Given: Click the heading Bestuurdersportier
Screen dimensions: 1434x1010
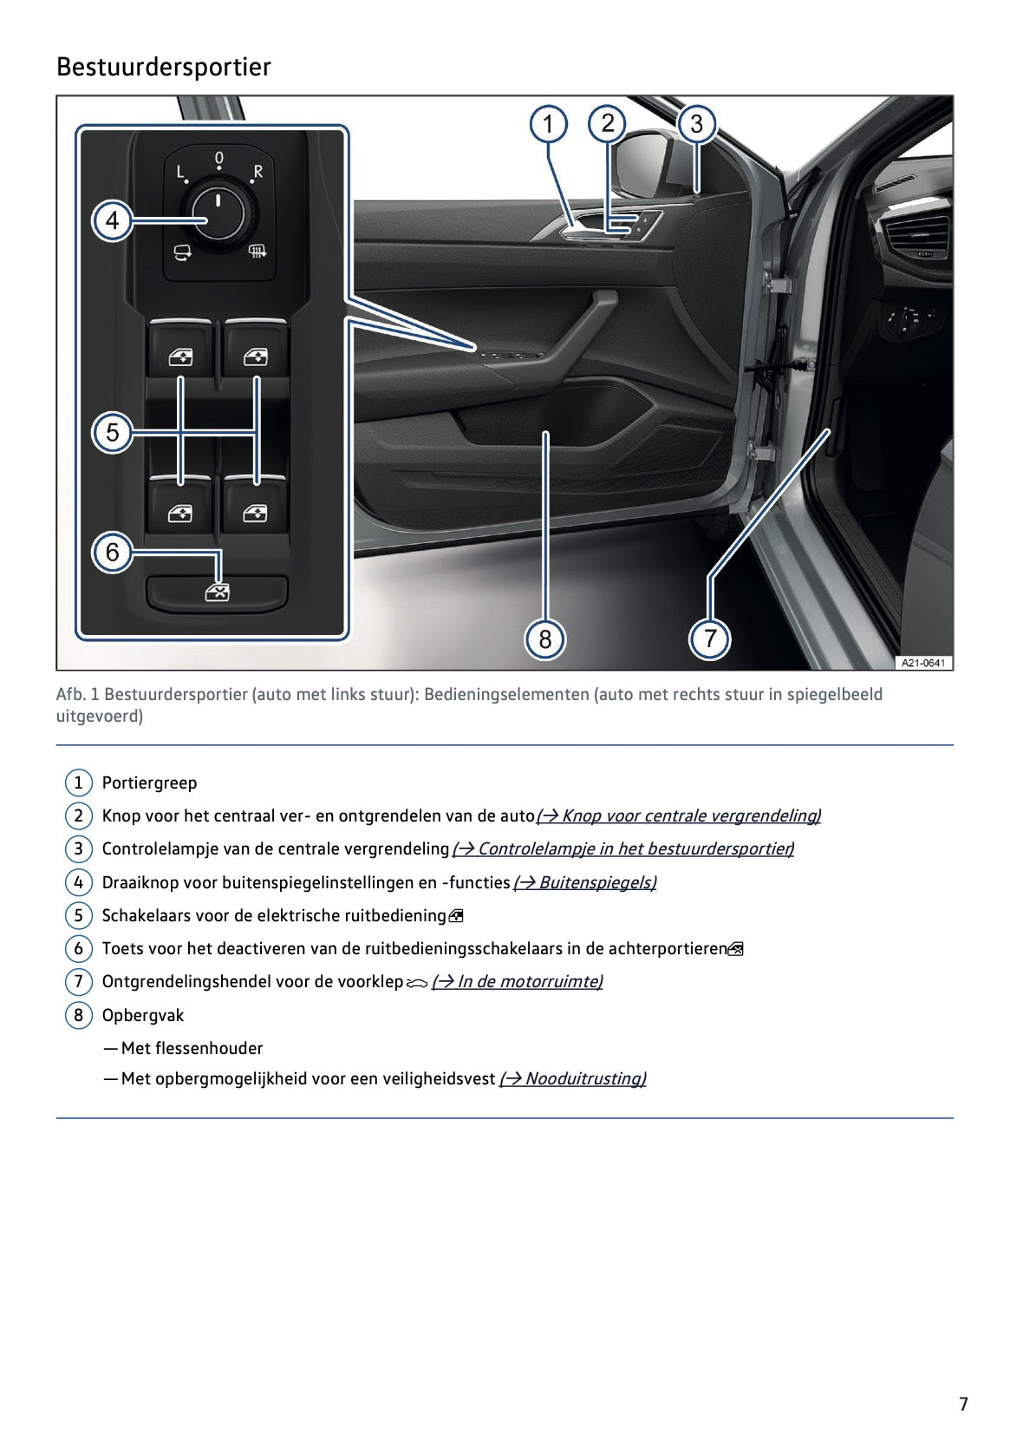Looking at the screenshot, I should tap(163, 67).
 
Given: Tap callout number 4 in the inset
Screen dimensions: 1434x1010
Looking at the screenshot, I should tap(112, 220).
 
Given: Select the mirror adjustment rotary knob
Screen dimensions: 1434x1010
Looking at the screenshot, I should tap(218, 212).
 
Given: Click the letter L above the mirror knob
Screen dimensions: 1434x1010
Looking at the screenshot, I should tap(180, 172).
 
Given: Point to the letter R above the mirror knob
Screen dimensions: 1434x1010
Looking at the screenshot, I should tap(257, 171).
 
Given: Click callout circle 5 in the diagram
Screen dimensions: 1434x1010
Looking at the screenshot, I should tap(112, 432).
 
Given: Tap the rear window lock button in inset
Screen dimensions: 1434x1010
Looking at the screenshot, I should tap(217, 593).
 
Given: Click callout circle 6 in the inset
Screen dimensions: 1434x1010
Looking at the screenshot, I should tap(112, 552).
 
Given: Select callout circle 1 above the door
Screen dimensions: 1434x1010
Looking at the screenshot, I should tap(548, 124).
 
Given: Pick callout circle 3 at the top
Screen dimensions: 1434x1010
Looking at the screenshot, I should tap(697, 124).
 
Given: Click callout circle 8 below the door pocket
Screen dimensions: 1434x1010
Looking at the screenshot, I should tap(545, 639).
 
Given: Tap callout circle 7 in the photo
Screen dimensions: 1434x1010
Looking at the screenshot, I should tap(710, 639).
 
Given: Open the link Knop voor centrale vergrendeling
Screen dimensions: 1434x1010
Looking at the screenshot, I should tap(679, 815).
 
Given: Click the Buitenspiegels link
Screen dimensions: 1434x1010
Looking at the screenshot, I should tap(585, 882).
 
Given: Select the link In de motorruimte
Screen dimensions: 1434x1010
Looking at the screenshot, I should tap(518, 981).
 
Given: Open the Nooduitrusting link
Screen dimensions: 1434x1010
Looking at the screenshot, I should tap(573, 1078).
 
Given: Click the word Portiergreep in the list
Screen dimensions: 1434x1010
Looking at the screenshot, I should tap(149, 782).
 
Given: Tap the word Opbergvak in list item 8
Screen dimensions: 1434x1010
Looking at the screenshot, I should tap(143, 1015).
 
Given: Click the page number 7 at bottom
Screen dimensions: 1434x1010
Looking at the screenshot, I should tap(963, 1404).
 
